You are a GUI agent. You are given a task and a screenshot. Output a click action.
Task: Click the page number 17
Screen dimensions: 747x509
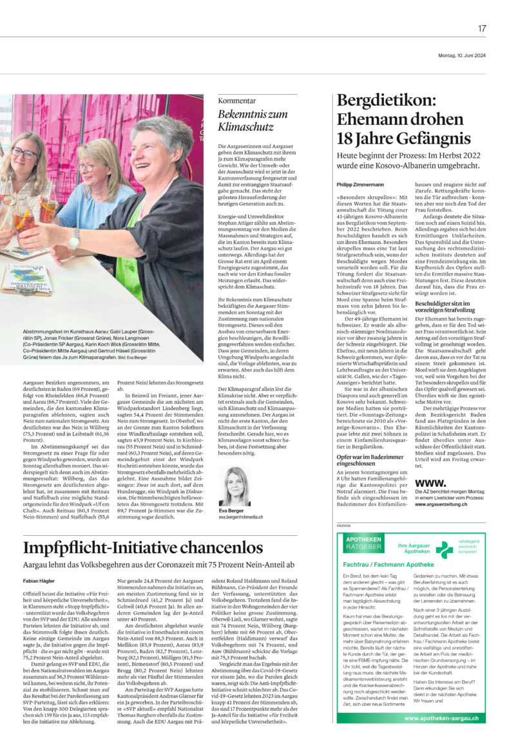482,28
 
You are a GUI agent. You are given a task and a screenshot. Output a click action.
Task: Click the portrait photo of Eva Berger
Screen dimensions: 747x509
235,468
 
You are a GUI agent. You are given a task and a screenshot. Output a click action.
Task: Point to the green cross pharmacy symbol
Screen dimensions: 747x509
427,549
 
